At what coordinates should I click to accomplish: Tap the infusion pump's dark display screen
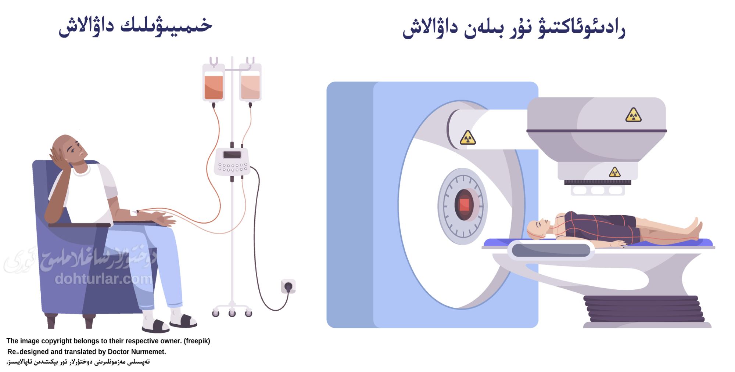coord(232,155)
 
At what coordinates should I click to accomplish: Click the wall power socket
coord(288,286)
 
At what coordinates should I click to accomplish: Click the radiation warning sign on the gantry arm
coord(468,138)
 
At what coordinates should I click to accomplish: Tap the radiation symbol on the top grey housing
coord(633,115)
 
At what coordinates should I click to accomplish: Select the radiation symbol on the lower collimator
coord(615,172)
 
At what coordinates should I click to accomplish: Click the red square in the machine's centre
coord(464,205)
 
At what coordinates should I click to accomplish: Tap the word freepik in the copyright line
coord(197,341)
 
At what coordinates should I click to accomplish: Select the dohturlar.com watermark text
coord(103,279)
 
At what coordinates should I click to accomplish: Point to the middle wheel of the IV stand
coord(232,313)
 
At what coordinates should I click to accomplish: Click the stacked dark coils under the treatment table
coord(643,308)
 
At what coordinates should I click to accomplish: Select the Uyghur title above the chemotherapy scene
coord(135,26)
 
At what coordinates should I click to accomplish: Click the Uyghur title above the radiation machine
coord(514,28)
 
